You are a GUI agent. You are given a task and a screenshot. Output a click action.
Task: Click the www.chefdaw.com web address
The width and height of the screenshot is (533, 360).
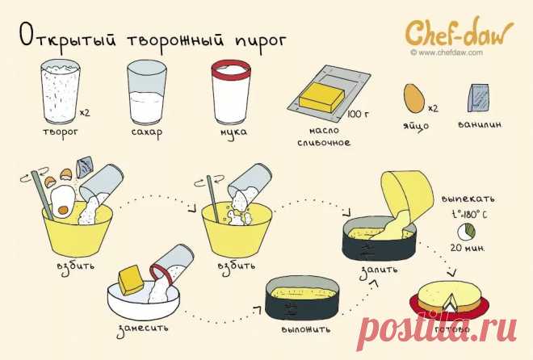(446, 53)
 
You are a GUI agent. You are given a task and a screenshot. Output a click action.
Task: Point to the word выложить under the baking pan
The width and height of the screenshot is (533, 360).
(300, 330)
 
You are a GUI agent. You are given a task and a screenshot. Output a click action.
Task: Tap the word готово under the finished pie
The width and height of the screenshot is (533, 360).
(451, 329)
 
